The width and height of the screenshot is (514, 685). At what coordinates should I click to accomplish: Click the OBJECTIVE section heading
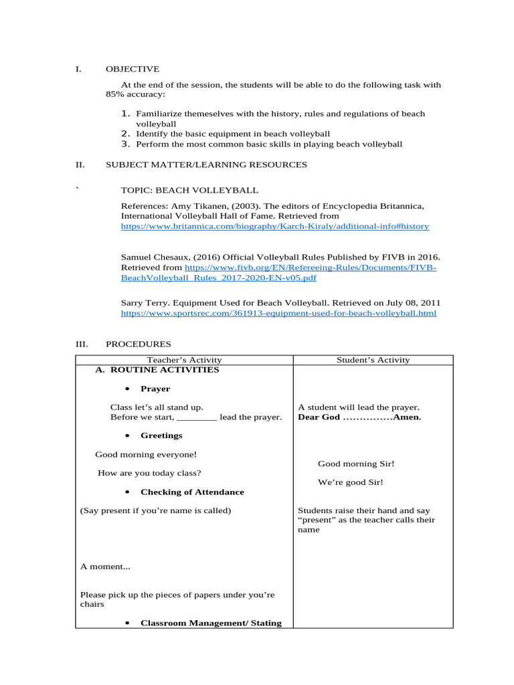pyautogui.click(x=133, y=69)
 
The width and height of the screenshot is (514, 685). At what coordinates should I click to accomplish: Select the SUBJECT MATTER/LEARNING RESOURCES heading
pyautogui.click(x=206, y=165)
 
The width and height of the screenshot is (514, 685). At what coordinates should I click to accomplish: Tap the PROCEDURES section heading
pyautogui.click(x=139, y=344)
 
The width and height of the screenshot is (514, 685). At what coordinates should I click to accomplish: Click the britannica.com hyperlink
pyautogui.click(x=274, y=227)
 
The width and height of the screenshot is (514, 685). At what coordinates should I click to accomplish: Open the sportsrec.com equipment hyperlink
pyautogui.click(x=278, y=313)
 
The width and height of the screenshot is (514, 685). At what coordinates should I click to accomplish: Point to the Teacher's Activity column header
pyautogui.click(x=184, y=360)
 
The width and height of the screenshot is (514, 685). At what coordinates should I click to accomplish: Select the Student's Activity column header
pyautogui.click(x=373, y=360)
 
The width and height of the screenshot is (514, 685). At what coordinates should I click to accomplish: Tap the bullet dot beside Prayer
pyautogui.click(x=127, y=389)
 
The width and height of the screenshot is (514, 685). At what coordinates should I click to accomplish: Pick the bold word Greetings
pyautogui.click(x=161, y=435)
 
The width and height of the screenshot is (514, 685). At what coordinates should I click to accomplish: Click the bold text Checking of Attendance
pyautogui.click(x=192, y=492)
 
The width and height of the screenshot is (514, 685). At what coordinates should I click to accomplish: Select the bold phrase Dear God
pyautogui.click(x=319, y=417)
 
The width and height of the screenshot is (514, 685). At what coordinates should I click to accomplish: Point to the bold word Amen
pyautogui.click(x=408, y=417)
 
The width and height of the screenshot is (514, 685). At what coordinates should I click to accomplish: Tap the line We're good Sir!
pyautogui.click(x=350, y=482)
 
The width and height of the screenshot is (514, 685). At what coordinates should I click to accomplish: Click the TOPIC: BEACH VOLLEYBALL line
pyautogui.click(x=189, y=191)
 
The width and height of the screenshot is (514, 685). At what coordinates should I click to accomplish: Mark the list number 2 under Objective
pyautogui.click(x=125, y=134)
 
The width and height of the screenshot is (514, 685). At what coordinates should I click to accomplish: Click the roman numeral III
pyautogui.click(x=82, y=344)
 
